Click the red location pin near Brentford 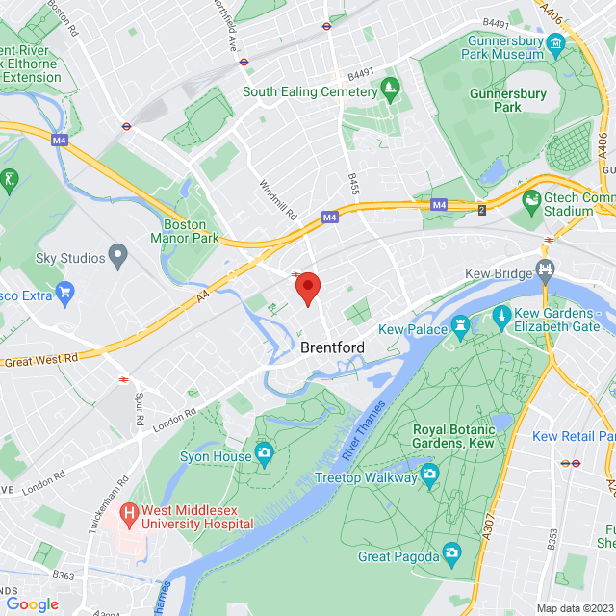[307, 288]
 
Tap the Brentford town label [333, 346]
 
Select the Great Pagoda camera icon [451, 552]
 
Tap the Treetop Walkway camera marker [430, 475]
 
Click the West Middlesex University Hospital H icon [128, 516]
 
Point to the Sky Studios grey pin [118, 257]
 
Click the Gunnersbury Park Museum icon [555, 44]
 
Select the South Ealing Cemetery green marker [390, 91]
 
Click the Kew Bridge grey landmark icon [546, 273]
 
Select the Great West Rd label [40, 360]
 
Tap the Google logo [32, 603]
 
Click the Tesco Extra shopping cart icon [65, 292]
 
